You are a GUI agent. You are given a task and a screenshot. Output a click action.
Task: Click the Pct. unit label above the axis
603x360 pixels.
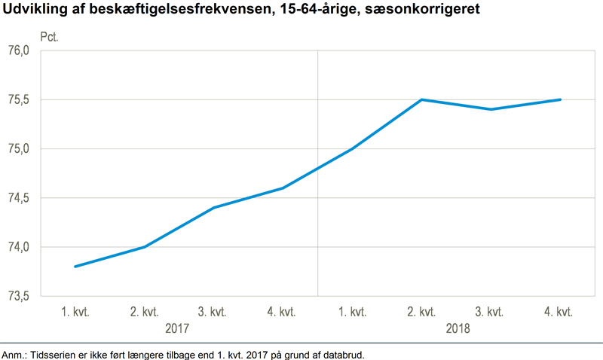tap(50, 35)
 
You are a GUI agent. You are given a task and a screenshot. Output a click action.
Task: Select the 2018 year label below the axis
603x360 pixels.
tap(457, 329)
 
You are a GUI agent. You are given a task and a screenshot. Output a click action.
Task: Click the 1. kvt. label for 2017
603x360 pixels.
tap(75, 312)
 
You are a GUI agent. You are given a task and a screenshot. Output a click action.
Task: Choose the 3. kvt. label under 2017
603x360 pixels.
tap(213, 312)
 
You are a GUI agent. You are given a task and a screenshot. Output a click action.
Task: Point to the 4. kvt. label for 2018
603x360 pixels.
tap(560, 312)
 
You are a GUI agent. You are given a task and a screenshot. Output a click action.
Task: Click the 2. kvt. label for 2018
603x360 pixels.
tap(421, 312)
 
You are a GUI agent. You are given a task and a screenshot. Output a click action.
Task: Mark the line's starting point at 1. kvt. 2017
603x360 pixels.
tap(75, 267)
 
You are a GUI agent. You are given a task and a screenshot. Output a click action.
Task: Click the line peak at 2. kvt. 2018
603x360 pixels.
tap(421, 99)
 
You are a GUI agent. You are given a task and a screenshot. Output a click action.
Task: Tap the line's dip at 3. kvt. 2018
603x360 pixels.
tap(491, 109)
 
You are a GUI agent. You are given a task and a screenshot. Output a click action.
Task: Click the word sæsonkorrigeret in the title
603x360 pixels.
tap(424, 10)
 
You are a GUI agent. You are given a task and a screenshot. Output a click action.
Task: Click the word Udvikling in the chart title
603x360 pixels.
tap(33, 10)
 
